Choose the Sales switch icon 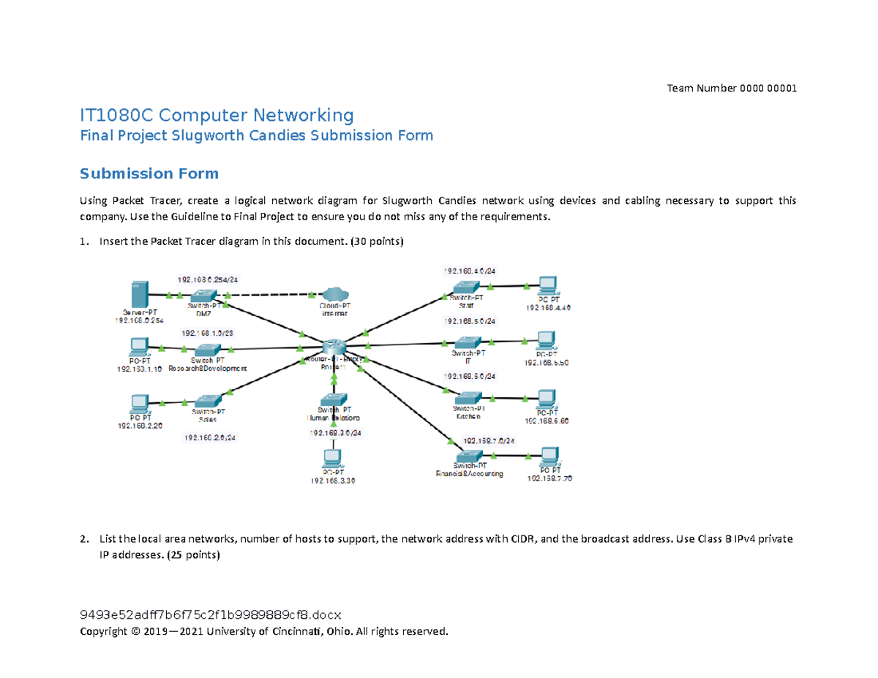click(x=209, y=401)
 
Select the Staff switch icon click(x=465, y=287)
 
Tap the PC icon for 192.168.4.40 click(x=547, y=285)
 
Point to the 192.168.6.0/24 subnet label click(x=469, y=376)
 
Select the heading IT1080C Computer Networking click(x=217, y=115)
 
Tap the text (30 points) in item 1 click(x=377, y=241)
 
